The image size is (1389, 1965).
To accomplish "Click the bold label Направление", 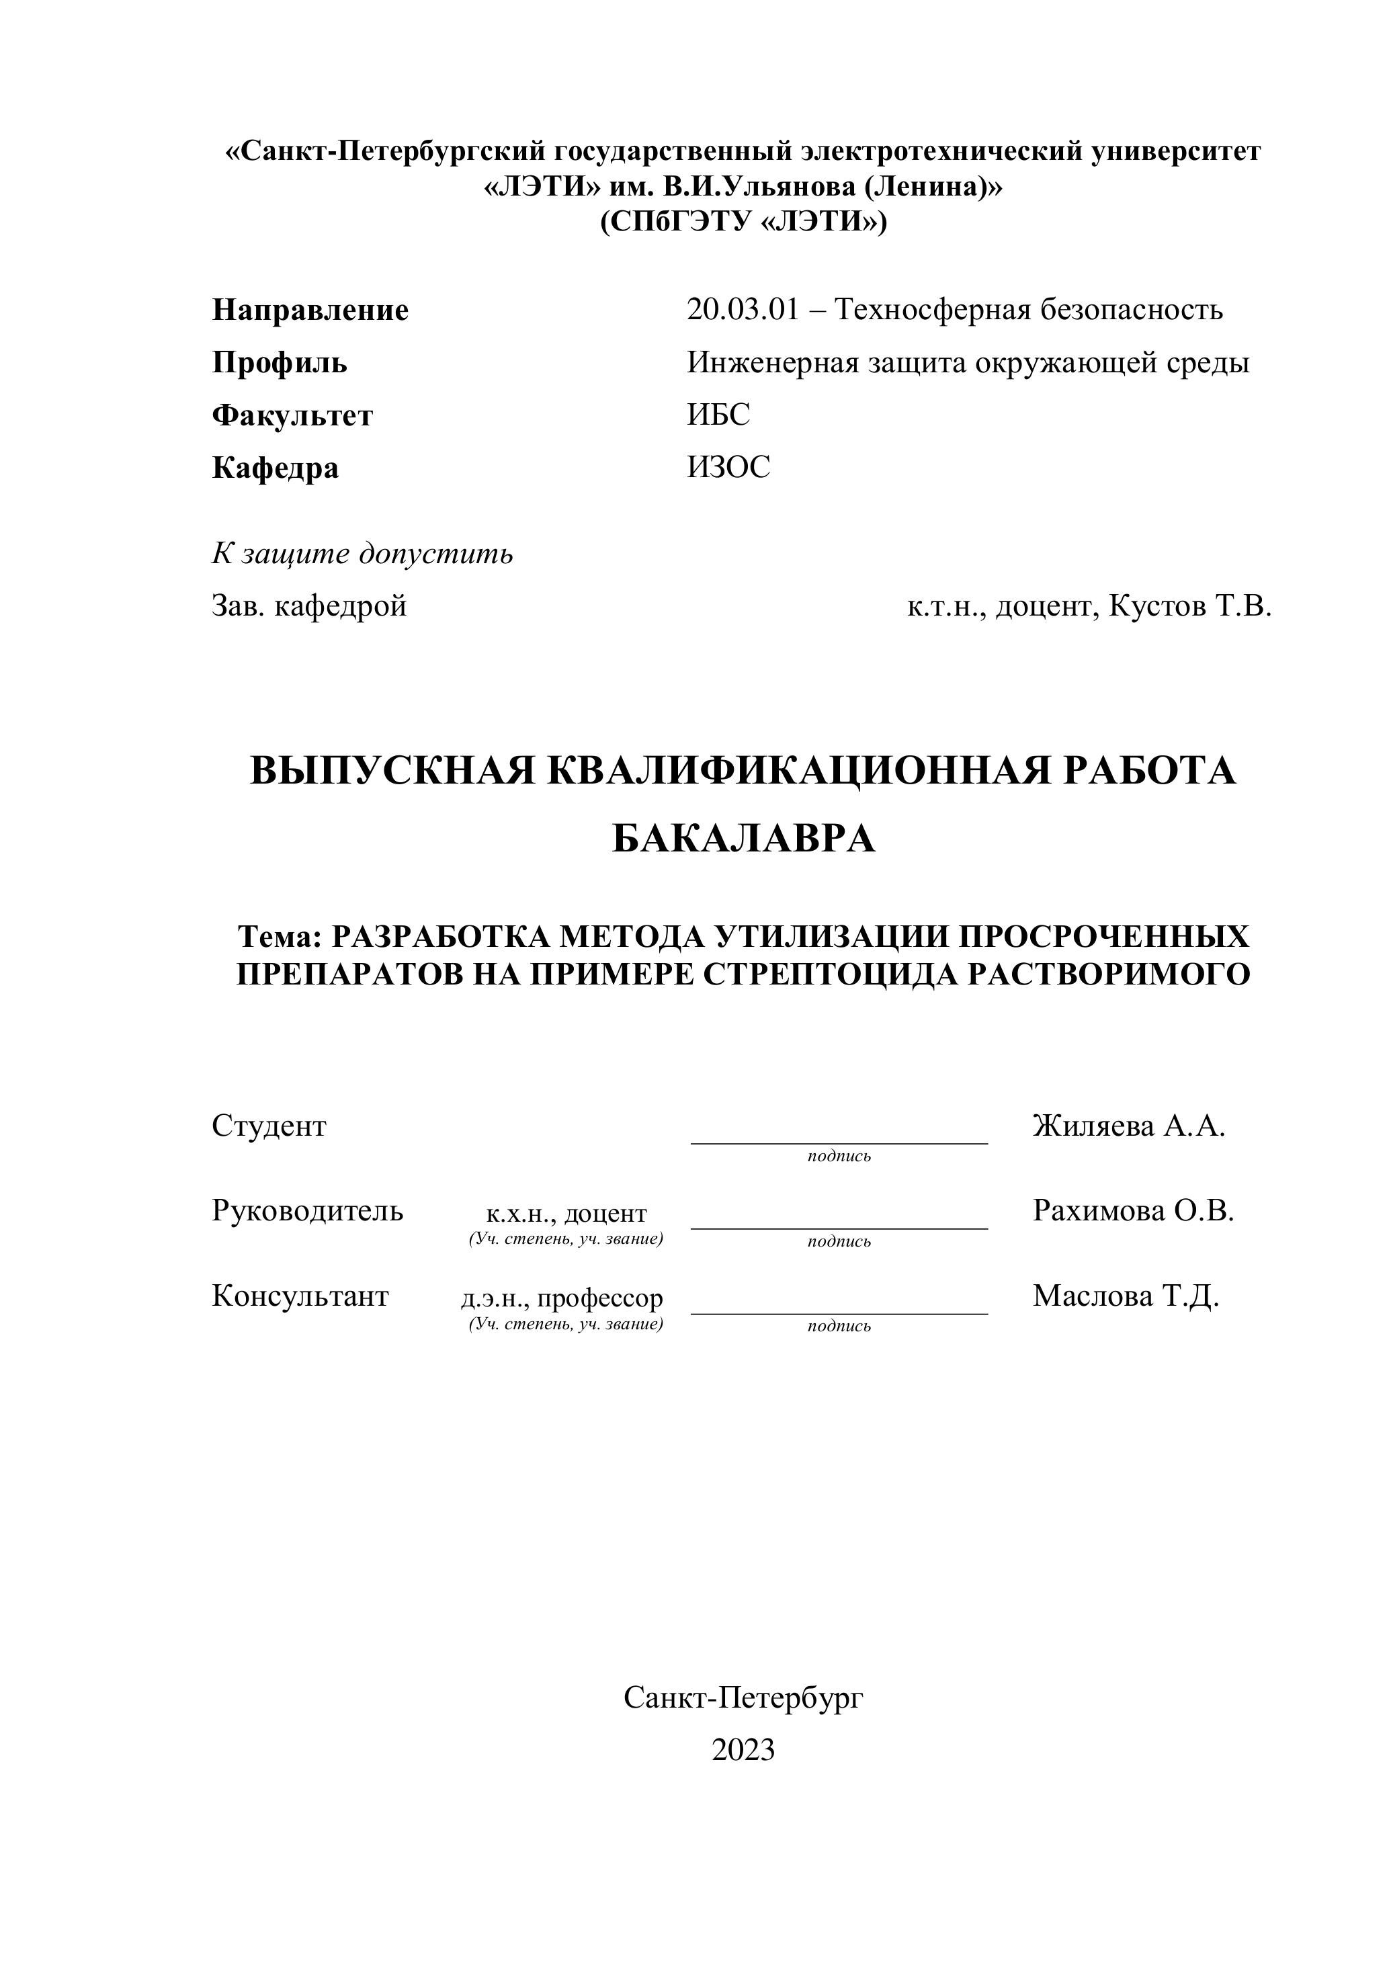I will tap(310, 310).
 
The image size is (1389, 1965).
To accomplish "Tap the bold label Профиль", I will tap(279, 363).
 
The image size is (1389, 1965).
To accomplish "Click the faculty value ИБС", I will tap(718, 415).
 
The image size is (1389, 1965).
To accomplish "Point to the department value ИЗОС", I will tap(728, 467).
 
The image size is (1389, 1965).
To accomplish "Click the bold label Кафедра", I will tap(275, 468).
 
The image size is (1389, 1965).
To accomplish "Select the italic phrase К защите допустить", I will tap(362, 554).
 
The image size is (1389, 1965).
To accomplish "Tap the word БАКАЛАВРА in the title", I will tap(744, 839).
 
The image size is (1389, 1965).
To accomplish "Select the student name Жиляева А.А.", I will tap(1129, 1126).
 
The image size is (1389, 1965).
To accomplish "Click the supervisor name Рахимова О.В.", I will tap(1133, 1210).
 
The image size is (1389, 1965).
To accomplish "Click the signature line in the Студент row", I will tap(839, 1142).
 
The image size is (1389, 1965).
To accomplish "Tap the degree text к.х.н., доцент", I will tap(566, 1213).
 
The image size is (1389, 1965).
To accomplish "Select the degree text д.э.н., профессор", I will tap(561, 1298).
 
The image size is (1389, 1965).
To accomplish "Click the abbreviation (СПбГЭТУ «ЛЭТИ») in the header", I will tap(743, 222).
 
